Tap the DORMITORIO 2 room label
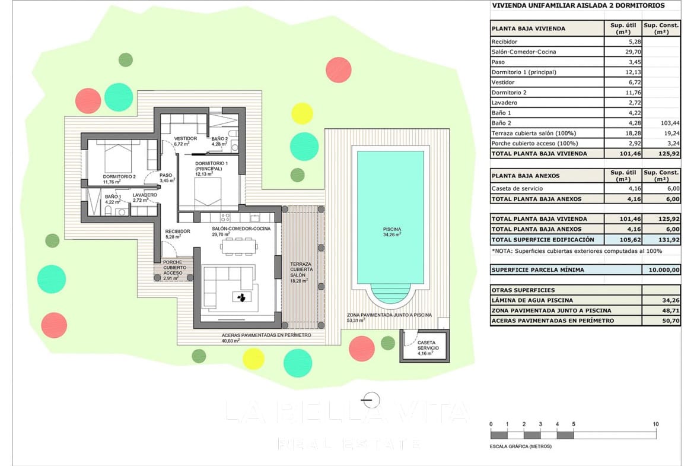119,176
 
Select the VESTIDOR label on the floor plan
185,138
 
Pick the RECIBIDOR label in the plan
177,231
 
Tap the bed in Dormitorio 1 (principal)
209,192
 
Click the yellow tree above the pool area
302,113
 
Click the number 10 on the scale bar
655,424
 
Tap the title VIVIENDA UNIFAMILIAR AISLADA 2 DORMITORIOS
578,6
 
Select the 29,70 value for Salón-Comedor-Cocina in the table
623,52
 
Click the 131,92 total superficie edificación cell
661,240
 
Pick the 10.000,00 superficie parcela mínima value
661,270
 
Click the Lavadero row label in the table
504,103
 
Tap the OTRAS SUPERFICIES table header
515,290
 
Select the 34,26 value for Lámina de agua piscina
661,300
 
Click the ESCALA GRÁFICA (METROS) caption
520,446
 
